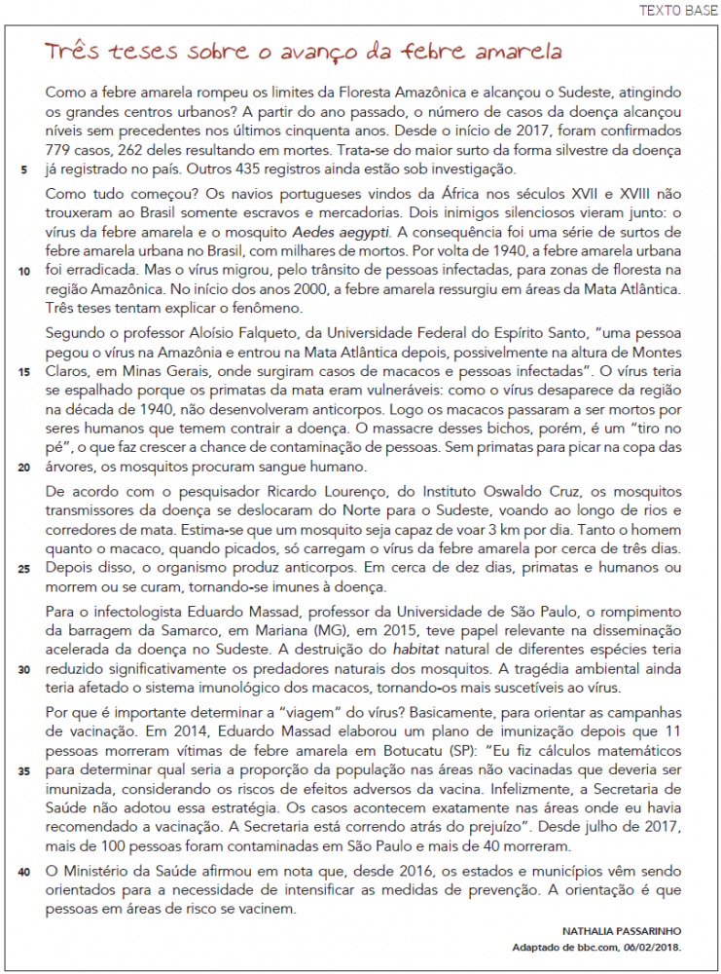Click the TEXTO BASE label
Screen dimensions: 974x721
click(677, 11)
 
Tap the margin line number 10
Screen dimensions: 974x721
click(23, 272)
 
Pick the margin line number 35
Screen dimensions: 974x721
click(23, 771)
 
